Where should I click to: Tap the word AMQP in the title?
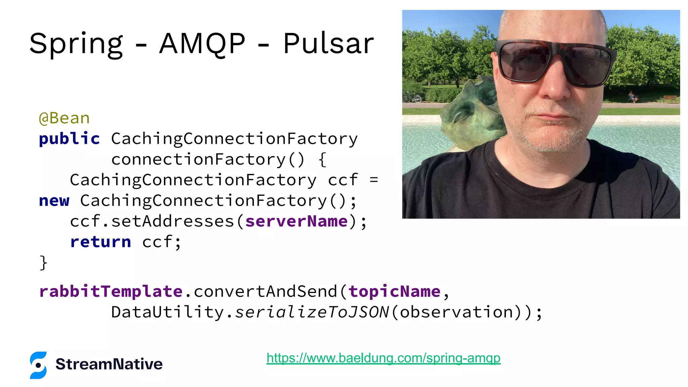click(202, 44)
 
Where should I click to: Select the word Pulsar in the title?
click(328, 44)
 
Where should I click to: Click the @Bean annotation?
click(64, 118)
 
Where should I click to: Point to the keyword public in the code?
click(69, 139)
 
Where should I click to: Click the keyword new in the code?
click(54, 201)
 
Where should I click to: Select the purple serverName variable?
click(296, 221)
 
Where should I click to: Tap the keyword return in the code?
click(100, 242)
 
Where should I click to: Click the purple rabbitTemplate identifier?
click(111, 291)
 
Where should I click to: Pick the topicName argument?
click(394, 291)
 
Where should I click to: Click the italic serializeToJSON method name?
click(311, 312)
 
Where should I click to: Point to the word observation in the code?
click(457, 312)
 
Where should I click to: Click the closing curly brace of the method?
click(43, 263)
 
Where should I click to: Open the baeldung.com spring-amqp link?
click(383, 358)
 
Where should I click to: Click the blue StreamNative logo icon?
click(38, 365)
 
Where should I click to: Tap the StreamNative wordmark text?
click(109, 364)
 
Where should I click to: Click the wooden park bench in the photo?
click(670, 99)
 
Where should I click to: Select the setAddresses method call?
click(172, 221)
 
